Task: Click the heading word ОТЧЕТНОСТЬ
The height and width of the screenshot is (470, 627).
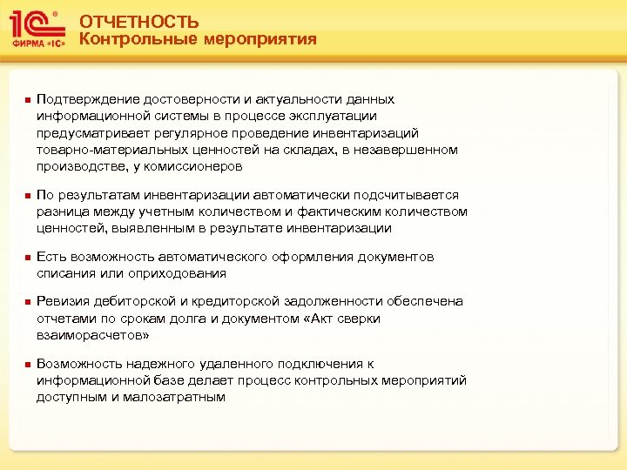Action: [138, 23]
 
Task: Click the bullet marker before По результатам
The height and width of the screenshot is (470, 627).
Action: [27, 196]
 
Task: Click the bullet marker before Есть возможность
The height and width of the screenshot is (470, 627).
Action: [27, 258]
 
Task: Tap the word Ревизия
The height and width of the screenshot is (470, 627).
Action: [62, 301]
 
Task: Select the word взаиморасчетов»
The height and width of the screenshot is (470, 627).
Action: [92, 334]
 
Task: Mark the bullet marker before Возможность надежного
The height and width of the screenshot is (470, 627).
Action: [27, 365]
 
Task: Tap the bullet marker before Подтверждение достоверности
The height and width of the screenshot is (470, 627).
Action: [27, 101]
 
